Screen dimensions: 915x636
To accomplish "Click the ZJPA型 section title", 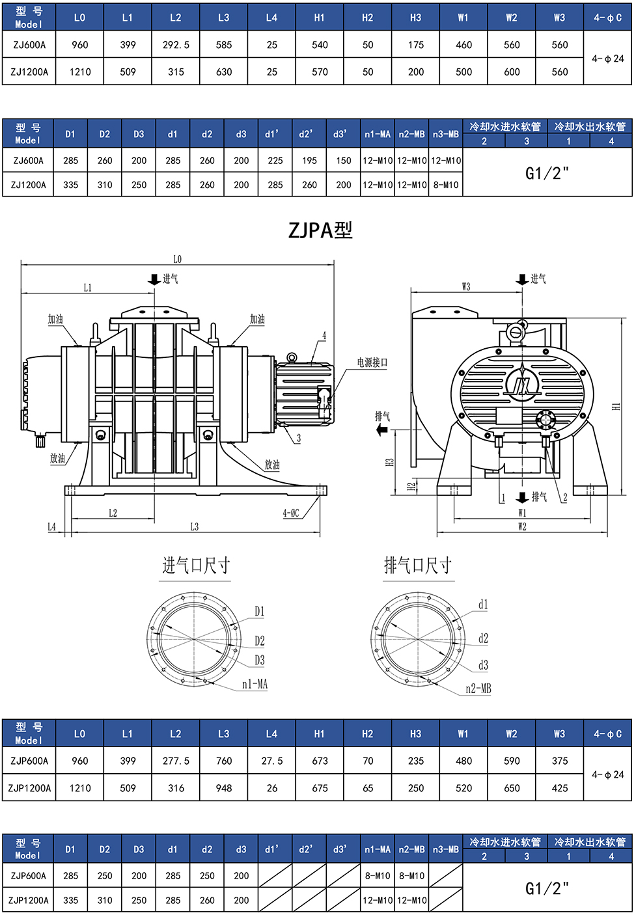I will pos(320,230).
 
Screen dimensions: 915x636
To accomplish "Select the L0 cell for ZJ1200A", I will pos(80,72).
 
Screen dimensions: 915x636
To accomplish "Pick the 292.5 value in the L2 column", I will pos(176,45).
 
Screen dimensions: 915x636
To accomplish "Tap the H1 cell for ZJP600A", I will pos(320,761).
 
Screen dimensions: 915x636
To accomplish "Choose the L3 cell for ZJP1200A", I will pos(224,788).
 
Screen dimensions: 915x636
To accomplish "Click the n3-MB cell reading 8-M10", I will pos(446,185).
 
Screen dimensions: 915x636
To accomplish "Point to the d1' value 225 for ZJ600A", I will pos(275,160).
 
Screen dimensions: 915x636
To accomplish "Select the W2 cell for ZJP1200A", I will pos(512,788).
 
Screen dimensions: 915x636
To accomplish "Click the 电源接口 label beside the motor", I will pos(372,362).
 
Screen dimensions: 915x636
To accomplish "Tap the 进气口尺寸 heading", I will pos(196,566).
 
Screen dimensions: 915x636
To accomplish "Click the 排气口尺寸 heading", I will pos(418,566).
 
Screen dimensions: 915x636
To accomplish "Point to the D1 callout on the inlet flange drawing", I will pos(259,611).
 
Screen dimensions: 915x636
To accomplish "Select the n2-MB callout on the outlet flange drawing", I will pos(478,689).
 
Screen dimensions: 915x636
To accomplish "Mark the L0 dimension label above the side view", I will pos(178,259).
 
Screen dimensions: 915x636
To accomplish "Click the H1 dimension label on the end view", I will pos(616,406).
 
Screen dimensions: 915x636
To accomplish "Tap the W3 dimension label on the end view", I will pos(465,286).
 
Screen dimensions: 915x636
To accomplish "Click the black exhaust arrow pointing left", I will pos(381,430).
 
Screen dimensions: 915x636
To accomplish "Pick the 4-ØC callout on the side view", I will pos(291,513).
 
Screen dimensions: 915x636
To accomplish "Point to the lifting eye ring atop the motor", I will pos(291,357).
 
